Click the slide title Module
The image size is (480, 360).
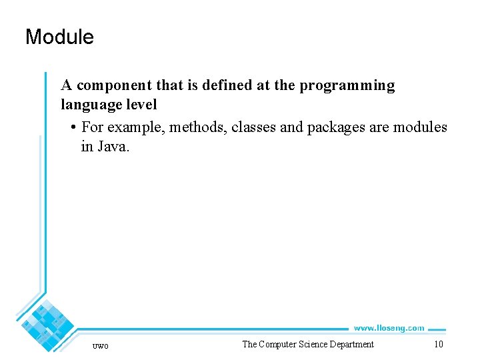(x=59, y=37)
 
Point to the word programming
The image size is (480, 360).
(x=349, y=86)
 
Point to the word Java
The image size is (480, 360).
(x=112, y=147)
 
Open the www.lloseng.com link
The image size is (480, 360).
(x=389, y=328)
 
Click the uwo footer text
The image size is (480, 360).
(x=100, y=345)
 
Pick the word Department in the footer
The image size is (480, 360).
(x=354, y=344)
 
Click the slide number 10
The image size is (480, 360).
(x=438, y=344)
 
